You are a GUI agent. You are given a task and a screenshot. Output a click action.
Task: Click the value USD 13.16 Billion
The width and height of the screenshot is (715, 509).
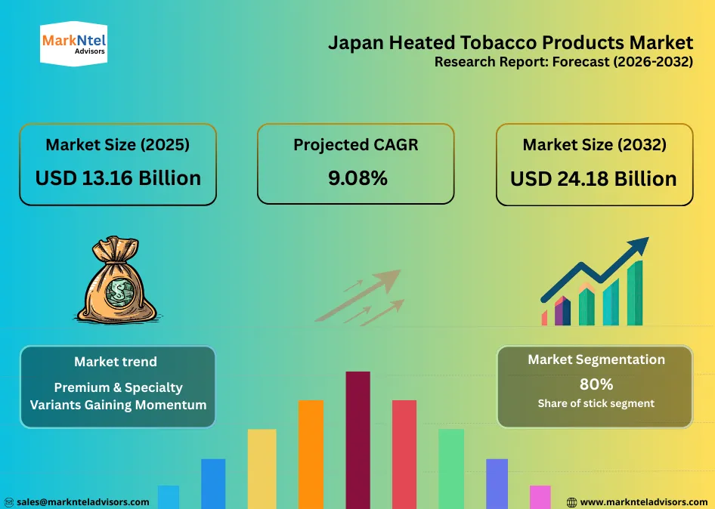coord(118,178)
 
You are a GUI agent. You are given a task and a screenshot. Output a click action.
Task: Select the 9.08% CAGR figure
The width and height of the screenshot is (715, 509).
coord(355,178)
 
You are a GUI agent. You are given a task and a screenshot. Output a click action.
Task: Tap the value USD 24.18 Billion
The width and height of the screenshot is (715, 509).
coord(593,179)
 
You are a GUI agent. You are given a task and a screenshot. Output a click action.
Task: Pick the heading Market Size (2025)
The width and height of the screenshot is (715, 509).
coord(118,145)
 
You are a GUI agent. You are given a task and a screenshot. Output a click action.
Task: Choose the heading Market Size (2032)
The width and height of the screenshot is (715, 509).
coord(594,145)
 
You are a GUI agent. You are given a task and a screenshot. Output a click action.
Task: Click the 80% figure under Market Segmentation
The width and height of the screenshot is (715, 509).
coord(596,384)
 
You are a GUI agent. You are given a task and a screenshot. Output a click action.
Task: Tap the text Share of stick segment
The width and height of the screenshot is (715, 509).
coord(596,403)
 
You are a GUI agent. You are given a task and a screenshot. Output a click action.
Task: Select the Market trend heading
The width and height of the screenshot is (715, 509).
coord(116,362)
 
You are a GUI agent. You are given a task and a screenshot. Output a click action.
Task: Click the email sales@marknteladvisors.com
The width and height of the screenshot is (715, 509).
coord(82,501)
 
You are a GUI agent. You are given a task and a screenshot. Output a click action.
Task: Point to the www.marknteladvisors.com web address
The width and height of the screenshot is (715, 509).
coord(643,501)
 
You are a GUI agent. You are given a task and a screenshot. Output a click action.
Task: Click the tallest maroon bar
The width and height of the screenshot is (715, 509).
coord(357,438)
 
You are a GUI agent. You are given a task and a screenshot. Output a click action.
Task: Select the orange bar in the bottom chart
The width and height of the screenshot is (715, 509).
coord(311,453)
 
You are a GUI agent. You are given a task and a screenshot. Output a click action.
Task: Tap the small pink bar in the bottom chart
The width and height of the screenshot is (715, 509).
coord(540,496)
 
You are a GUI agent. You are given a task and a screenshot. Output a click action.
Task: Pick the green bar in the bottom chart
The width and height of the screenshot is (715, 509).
coord(450,468)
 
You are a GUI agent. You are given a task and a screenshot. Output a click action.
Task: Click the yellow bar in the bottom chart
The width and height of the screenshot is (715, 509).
coord(262,468)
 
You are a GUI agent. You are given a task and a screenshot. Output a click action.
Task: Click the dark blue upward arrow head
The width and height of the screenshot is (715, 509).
coord(639,247)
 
